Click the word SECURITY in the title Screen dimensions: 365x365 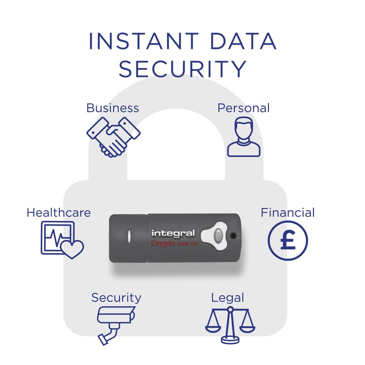click(x=182, y=69)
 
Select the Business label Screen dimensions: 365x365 click(x=113, y=108)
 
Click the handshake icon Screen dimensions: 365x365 click(x=113, y=136)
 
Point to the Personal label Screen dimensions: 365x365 click(x=243, y=108)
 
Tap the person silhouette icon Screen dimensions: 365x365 click(x=244, y=138)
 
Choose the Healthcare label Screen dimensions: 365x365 click(x=58, y=212)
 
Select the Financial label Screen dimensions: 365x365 click(x=288, y=212)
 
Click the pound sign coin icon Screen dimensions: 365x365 click(x=288, y=241)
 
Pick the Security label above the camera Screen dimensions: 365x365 click(x=116, y=298)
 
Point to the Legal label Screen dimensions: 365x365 click(x=228, y=298)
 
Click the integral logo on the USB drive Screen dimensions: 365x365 click(x=173, y=233)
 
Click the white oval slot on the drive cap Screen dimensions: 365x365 click(x=129, y=237)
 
